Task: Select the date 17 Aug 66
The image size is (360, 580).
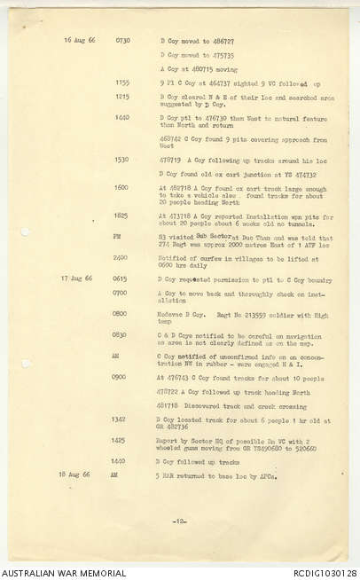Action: pyautogui.click(x=76, y=278)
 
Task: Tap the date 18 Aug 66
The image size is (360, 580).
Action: pyautogui.click(x=76, y=475)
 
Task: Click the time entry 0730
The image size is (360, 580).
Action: pyautogui.click(x=122, y=41)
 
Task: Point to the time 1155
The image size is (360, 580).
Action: pyautogui.click(x=122, y=82)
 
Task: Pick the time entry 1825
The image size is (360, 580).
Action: pyautogui.click(x=121, y=215)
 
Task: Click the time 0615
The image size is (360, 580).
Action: pyautogui.click(x=120, y=278)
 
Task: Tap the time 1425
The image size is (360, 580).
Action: pyautogui.click(x=119, y=439)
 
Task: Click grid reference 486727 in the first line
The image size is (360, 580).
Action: pyautogui.click(x=222, y=41)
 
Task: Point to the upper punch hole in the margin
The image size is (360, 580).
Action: pyautogui.click(x=25, y=231)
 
